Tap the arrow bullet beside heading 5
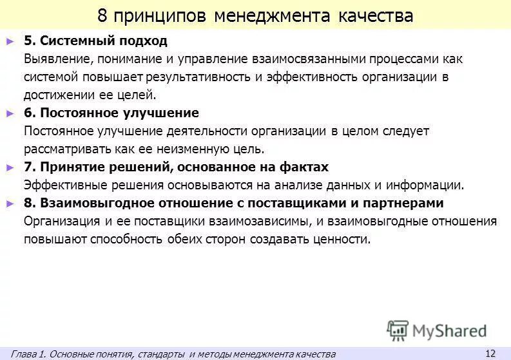pos(10,41)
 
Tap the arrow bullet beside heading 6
pos(10,113)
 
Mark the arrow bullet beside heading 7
pos(10,167)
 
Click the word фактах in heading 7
pos(305,167)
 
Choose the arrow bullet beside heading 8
pos(10,203)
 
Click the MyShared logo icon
pos(398,330)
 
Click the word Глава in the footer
pos(24,354)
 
